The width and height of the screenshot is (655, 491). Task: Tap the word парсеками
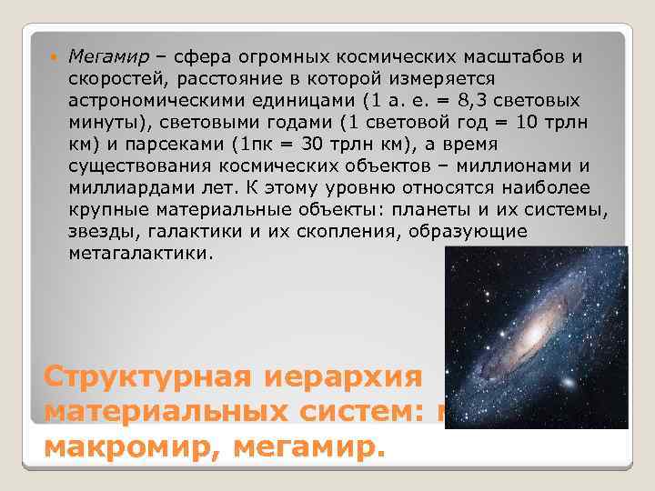171,145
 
